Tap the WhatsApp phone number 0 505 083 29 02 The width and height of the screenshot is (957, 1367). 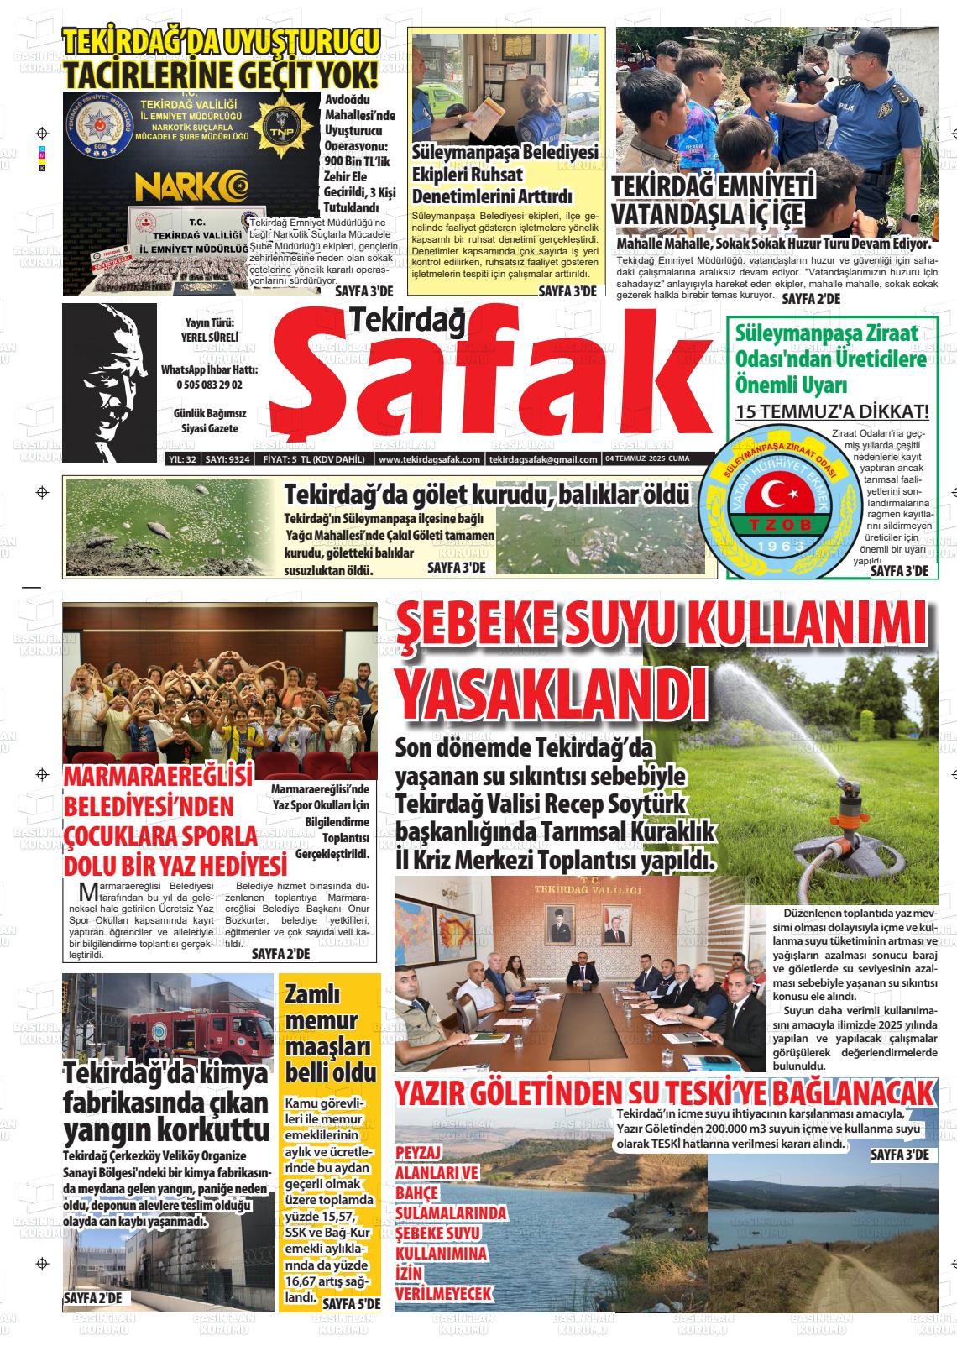[x=209, y=385]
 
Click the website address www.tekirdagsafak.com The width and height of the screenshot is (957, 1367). [x=429, y=459]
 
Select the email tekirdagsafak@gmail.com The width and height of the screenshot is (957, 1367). [x=543, y=459]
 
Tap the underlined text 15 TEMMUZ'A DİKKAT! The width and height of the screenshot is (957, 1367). [x=832, y=412]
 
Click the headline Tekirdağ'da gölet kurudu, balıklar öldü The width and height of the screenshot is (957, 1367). [x=486, y=495]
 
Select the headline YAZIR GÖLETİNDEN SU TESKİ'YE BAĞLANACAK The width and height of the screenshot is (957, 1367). [x=664, y=1093]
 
